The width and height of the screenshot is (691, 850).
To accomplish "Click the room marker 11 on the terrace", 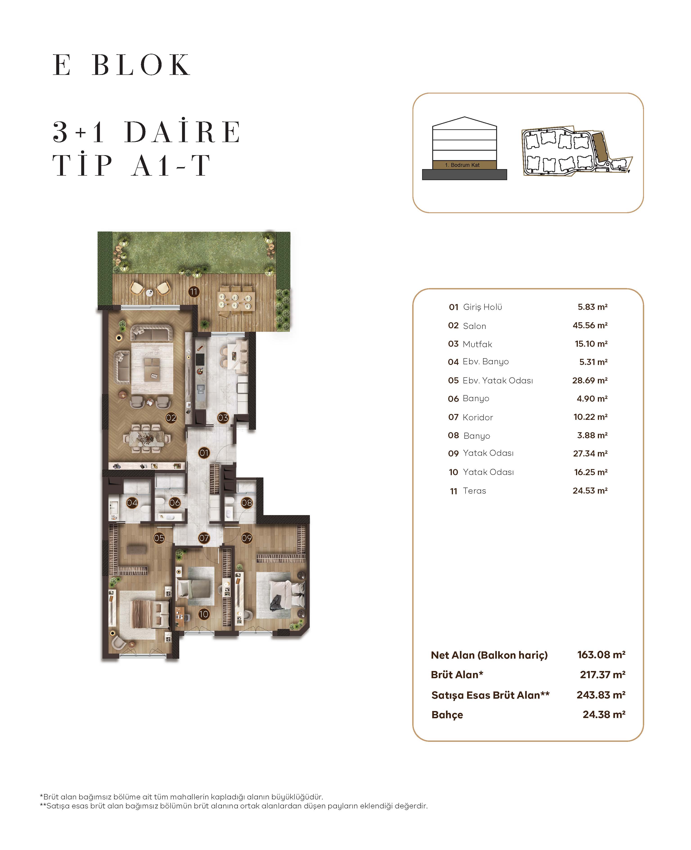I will (194, 292).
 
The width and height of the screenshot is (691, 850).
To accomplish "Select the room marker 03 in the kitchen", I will (223, 418).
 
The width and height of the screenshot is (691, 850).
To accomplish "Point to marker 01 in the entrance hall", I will (204, 453).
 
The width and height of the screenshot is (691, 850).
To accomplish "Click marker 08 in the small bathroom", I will (247, 503).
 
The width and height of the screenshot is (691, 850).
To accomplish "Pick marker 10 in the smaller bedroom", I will (204, 614).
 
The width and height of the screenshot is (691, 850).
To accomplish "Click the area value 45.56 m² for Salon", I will (590, 325).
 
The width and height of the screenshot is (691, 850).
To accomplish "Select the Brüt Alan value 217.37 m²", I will (602, 675).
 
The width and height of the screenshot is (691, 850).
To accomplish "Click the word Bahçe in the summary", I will (447, 715).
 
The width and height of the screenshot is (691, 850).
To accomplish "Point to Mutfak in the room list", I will (477, 344).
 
